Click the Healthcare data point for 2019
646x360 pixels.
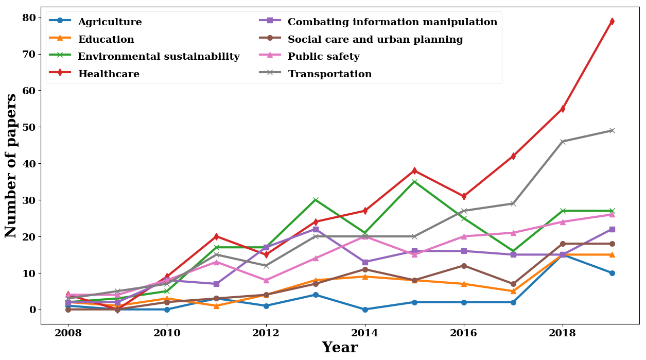pyautogui.click(x=612, y=21)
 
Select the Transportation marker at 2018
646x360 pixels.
pyautogui.click(x=563, y=142)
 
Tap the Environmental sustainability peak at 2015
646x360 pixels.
pyautogui.click(x=414, y=182)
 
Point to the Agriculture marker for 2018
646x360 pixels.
pyautogui.click(x=563, y=255)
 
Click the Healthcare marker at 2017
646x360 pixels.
pyautogui.click(x=513, y=156)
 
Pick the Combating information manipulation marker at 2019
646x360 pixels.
pyautogui.click(x=612, y=229)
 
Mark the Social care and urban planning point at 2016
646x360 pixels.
pyautogui.click(x=464, y=266)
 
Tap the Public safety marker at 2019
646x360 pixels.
pyautogui.click(x=612, y=215)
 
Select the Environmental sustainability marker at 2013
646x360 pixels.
pyautogui.click(x=316, y=200)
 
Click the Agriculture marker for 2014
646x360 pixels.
pyautogui.click(x=365, y=310)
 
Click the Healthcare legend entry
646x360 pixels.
pyautogui.click(x=109, y=74)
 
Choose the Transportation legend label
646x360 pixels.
pyautogui.click(x=329, y=74)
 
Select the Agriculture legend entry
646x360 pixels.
pyautogui.click(x=110, y=22)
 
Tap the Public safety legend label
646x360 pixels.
pyautogui.click(x=323, y=57)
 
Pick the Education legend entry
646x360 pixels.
pyautogui.click(x=106, y=40)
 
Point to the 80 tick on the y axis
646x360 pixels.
pyautogui.click(x=29, y=18)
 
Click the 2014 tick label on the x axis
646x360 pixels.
pyautogui.click(x=365, y=333)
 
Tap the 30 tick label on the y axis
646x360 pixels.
pyautogui.click(x=29, y=200)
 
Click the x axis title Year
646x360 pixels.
pyautogui.click(x=340, y=348)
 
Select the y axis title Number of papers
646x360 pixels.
pyautogui.click(x=11, y=165)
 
